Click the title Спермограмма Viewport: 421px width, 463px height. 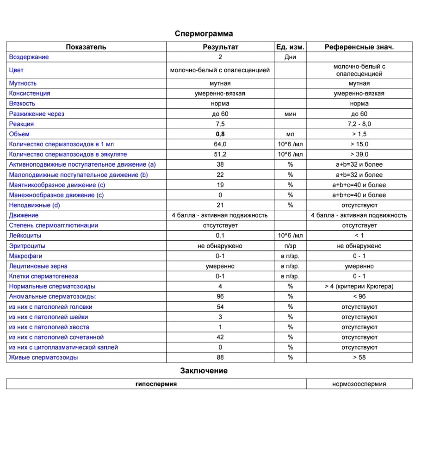pyautogui.click(x=204, y=34)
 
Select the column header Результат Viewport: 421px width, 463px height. pyautogui.click(x=220, y=47)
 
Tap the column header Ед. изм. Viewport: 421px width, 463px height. pyautogui.click(x=290, y=47)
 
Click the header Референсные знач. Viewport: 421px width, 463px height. pyautogui.click(x=359, y=47)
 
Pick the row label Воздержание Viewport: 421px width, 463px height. pyautogui.click(x=29, y=57)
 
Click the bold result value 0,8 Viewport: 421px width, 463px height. pyautogui.click(x=220, y=134)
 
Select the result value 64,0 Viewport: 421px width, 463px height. pyautogui.click(x=220, y=144)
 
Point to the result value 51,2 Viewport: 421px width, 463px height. pyautogui.click(x=220, y=154)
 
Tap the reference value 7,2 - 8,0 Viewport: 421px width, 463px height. pyautogui.click(x=359, y=124)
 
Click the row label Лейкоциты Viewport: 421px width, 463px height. pyautogui.click(x=25, y=236)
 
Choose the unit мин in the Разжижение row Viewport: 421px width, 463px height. pyautogui.click(x=290, y=114)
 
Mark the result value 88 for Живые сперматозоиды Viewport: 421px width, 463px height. pyautogui.click(x=220, y=357)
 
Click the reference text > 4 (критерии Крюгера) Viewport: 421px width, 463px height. pyautogui.click(x=359, y=287)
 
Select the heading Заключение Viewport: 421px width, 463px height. pyautogui.click(x=204, y=371)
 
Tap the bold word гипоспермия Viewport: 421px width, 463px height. pyautogui.click(x=156, y=384)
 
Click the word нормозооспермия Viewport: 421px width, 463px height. pyautogui.click(x=359, y=384)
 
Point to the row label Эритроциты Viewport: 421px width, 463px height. pyautogui.click(x=27, y=246)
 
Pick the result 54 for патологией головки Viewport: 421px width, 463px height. pyautogui.click(x=220, y=307)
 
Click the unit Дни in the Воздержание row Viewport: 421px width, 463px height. pyautogui.click(x=290, y=57)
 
